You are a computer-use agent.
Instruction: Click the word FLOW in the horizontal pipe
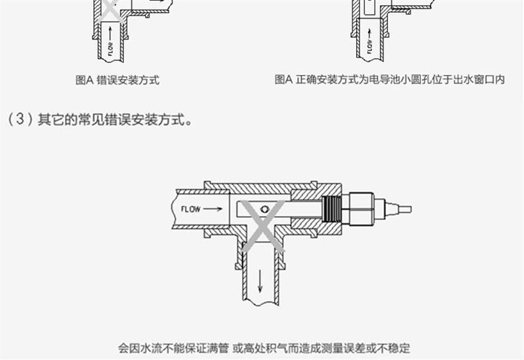pos(190,209)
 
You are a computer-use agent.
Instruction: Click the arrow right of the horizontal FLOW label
pos(214,209)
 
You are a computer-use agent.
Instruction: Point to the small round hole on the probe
pos(265,209)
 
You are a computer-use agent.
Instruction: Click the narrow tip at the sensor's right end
pos(404,210)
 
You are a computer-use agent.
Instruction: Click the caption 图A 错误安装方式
pos(117,80)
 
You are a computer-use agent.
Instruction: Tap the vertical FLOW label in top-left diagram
pos(111,47)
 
